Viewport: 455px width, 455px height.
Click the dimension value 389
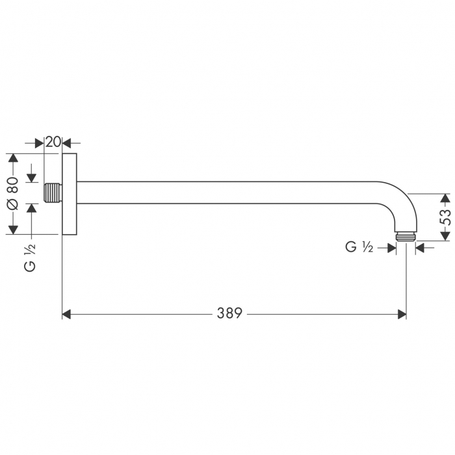(229, 314)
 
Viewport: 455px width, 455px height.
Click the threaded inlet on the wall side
(53, 193)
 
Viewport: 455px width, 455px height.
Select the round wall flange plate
(70, 193)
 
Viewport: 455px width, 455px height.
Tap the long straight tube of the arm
(227, 193)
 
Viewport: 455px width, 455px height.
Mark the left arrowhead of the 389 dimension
(66, 314)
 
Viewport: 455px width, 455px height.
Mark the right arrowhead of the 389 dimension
(402, 314)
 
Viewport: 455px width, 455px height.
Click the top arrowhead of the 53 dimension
(445, 198)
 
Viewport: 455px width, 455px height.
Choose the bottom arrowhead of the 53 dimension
(445, 236)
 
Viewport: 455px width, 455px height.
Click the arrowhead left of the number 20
(39, 142)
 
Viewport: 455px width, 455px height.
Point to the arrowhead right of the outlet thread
(420, 247)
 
